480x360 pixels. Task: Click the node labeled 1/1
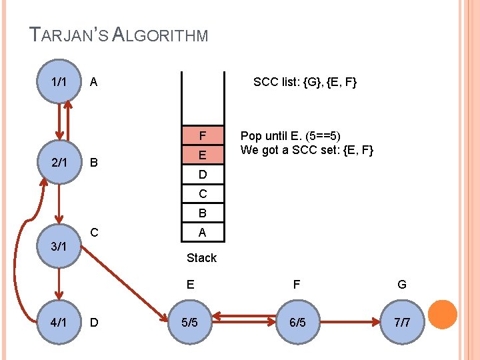pyautogui.click(x=59, y=82)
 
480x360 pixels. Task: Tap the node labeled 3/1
pyautogui.click(x=59, y=246)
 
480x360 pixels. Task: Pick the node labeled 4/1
pyautogui.click(x=59, y=323)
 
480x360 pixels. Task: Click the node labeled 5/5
pyautogui.click(x=190, y=323)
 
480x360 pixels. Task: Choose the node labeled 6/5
pyautogui.click(x=297, y=323)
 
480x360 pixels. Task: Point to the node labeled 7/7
pyautogui.click(x=402, y=323)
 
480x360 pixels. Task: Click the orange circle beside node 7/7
pyautogui.click(x=442, y=315)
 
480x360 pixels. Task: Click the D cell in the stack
pyautogui.click(x=203, y=175)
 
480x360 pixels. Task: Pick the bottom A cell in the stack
pyautogui.click(x=203, y=233)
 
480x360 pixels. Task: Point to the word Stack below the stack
pyautogui.click(x=201, y=257)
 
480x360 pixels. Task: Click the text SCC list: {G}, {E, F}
pyautogui.click(x=305, y=83)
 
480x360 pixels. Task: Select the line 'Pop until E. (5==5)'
pyautogui.click(x=291, y=135)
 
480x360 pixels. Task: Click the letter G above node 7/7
pyautogui.click(x=402, y=285)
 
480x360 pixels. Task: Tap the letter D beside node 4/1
pyautogui.click(x=94, y=323)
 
